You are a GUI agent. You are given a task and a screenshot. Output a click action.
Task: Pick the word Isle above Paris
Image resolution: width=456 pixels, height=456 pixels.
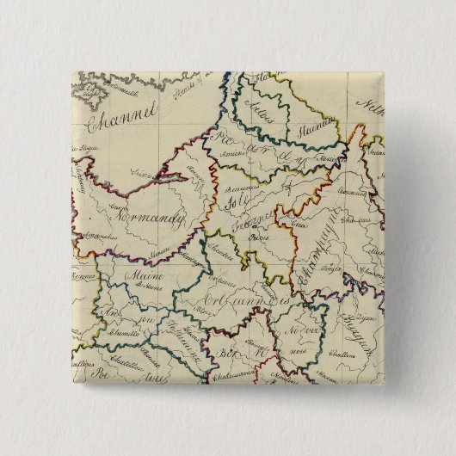[x=232, y=204]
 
